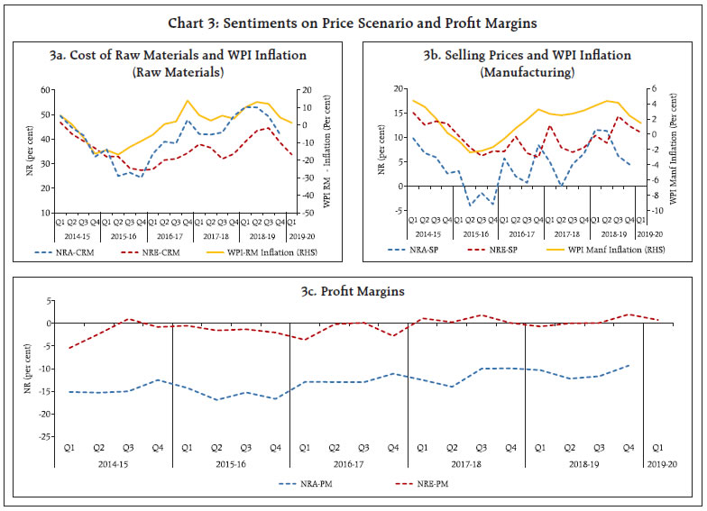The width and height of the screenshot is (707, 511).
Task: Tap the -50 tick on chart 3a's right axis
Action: [307, 214]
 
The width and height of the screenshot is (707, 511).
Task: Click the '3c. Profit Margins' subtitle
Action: [353, 292]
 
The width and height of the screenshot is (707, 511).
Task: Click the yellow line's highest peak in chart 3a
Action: [188, 100]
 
